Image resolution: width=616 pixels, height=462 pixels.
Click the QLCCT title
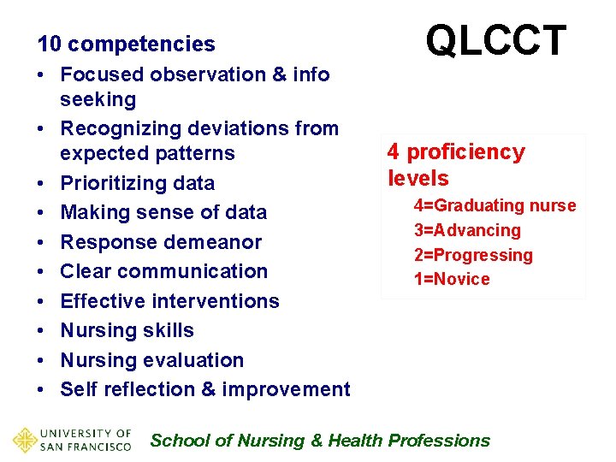click(x=496, y=41)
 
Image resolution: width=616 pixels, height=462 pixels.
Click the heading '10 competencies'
click(x=127, y=44)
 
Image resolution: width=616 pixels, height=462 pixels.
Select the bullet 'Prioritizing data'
click(x=137, y=183)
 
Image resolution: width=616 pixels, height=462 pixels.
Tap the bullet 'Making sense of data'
click(x=163, y=212)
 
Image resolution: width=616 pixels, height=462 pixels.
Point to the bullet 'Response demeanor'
click(x=161, y=242)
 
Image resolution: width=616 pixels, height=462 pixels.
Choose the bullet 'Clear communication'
click(x=163, y=271)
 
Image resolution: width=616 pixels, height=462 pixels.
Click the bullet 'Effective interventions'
click(x=169, y=301)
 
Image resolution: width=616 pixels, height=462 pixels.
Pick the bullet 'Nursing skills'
click(x=127, y=330)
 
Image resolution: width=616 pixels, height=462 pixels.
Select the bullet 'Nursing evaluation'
click(x=151, y=360)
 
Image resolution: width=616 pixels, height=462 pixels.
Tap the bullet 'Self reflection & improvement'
click(x=205, y=389)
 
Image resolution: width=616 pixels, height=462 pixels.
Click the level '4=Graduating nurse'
click(x=495, y=205)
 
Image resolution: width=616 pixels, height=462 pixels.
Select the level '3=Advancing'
click(x=467, y=230)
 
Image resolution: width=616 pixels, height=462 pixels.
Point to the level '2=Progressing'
click(x=473, y=255)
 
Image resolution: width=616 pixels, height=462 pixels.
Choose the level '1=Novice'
click(x=452, y=279)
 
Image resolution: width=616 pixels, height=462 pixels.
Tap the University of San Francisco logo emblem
click(x=26, y=440)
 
